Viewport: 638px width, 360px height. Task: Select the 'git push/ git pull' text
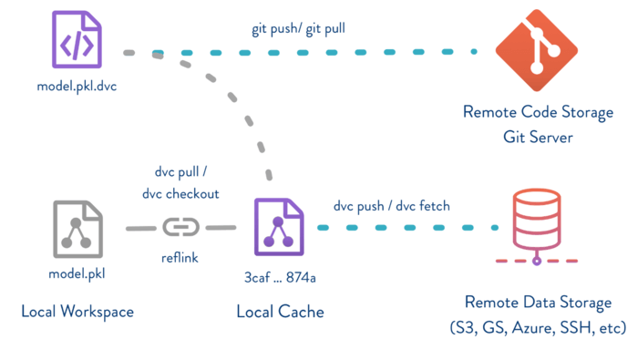[x=298, y=28]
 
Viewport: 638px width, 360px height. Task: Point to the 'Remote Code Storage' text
[x=530, y=113]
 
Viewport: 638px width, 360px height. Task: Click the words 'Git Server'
[x=530, y=136]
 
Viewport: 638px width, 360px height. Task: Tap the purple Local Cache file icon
[x=280, y=227]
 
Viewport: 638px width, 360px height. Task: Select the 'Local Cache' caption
[x=280, y=312]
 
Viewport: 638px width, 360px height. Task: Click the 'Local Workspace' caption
[x=77, y=312]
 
